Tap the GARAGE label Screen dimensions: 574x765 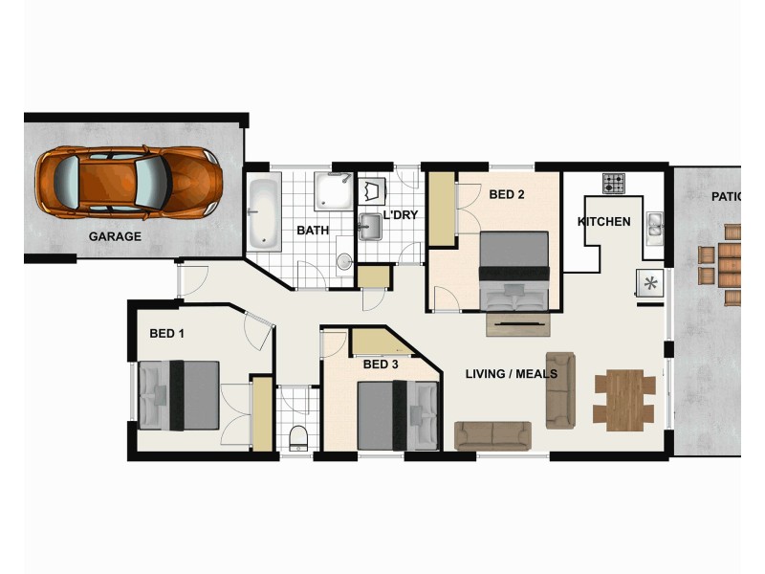coord(115,236)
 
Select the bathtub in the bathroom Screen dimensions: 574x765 coord(263,212)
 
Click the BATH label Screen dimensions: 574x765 coord(313,231)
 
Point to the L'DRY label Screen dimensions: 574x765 coord(401,215)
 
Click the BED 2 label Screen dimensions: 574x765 coord(507,194)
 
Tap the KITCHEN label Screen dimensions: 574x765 coord(604,222)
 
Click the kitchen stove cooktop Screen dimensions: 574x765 coord(613,181)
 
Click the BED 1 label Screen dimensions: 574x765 coord(167,334)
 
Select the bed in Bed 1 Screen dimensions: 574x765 coord(179,395)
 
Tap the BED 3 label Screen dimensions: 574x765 coord(381,364)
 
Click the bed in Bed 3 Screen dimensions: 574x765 coord(398,415)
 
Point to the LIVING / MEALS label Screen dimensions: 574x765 coord(511,373)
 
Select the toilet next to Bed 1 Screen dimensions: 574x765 coord(297,436)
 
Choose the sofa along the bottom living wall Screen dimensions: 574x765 coord(492,435)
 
